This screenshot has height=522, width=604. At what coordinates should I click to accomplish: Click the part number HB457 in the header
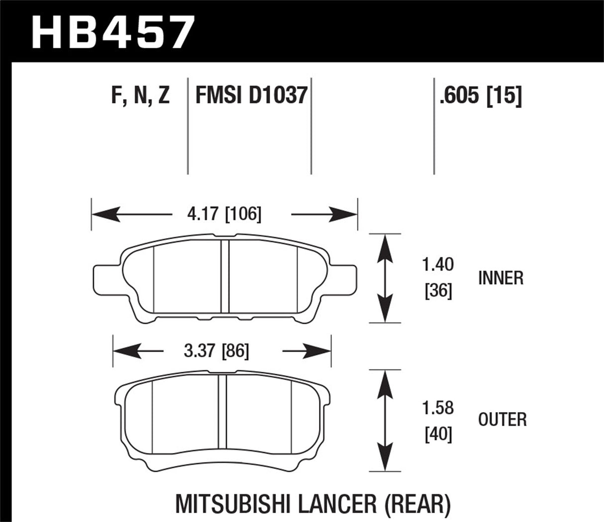(x=112, y=32)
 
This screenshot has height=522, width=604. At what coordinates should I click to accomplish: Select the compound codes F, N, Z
(x=141, y=95)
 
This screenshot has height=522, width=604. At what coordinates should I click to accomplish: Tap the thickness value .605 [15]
(x=480, y=95)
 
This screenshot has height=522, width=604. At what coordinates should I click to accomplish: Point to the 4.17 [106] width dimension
(x=224, y=214)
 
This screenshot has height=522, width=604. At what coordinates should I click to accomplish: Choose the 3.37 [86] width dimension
(x=216, y=351)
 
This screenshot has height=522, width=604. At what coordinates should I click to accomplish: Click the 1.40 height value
(x=438, y=265)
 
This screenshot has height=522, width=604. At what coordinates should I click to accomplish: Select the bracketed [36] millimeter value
(x=438, y=291)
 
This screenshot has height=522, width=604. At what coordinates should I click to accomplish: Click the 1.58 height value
(x=438, y=408)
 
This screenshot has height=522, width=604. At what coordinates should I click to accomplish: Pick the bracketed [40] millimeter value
(x=438, y=434)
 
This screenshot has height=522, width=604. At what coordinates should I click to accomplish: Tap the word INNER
(x=501, y=278)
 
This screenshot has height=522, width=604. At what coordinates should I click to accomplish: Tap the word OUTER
(x=502, y=420)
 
